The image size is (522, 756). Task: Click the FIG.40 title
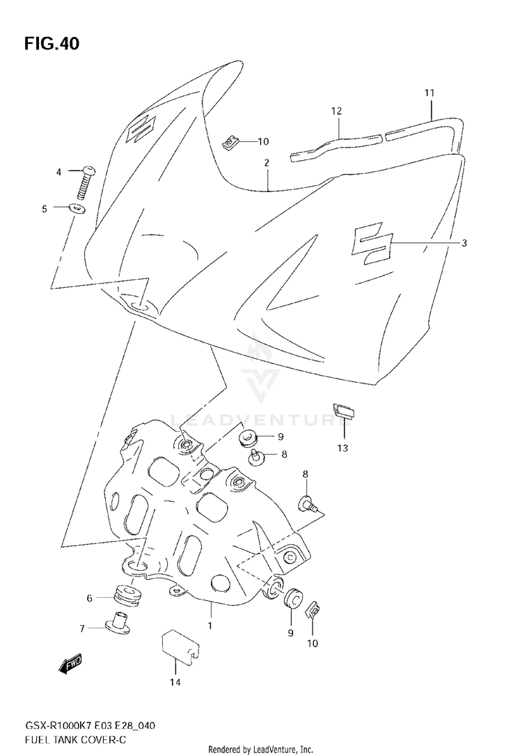(x=52, y=44)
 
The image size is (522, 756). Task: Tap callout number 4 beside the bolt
(x=59, y=172)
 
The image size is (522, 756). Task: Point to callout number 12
(x=337, y=111)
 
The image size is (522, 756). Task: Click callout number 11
(x=429, y=93)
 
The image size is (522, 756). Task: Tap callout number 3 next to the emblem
(x=464, y=243)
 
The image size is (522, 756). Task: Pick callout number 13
(x=342, y=448)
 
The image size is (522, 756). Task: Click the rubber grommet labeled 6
(x=127, y=596)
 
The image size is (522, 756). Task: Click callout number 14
(x=175, y=683)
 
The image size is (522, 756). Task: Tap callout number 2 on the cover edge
(x=266, y=162)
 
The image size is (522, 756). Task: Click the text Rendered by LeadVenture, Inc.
(x=261, y=749)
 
